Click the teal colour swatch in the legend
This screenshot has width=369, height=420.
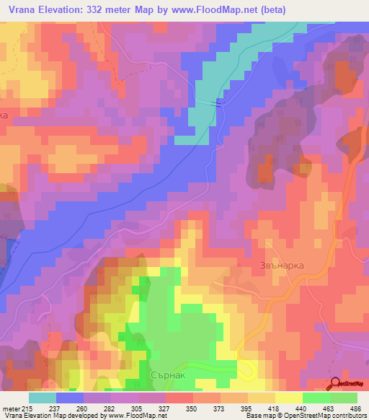coord(43,398)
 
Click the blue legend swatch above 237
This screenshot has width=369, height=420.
coord(70,398)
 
